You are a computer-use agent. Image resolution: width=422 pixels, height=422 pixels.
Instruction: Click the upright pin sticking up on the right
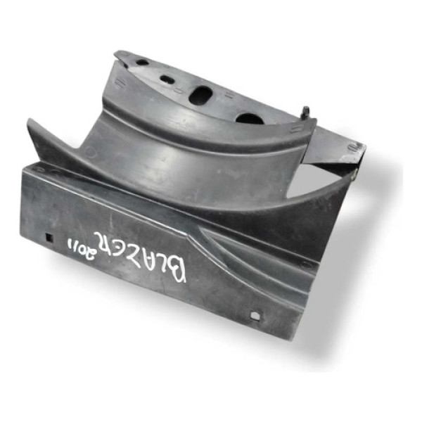[x=307, y=111]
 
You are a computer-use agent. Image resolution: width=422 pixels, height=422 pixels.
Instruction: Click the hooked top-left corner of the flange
[x=121, y=54]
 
